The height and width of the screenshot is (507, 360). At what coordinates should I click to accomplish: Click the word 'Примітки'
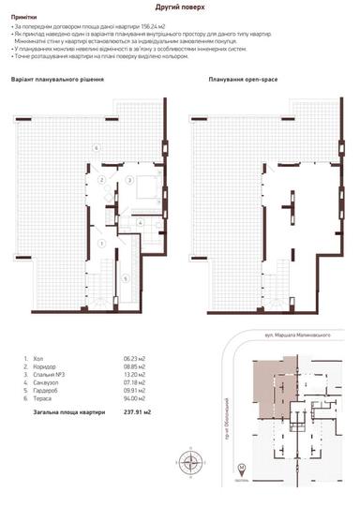click(x=25, y=17)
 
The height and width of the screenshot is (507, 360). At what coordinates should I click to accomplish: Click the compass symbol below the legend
click(x=192, y=460)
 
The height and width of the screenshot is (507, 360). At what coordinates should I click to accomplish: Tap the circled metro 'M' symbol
click(x=240, y=468)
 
